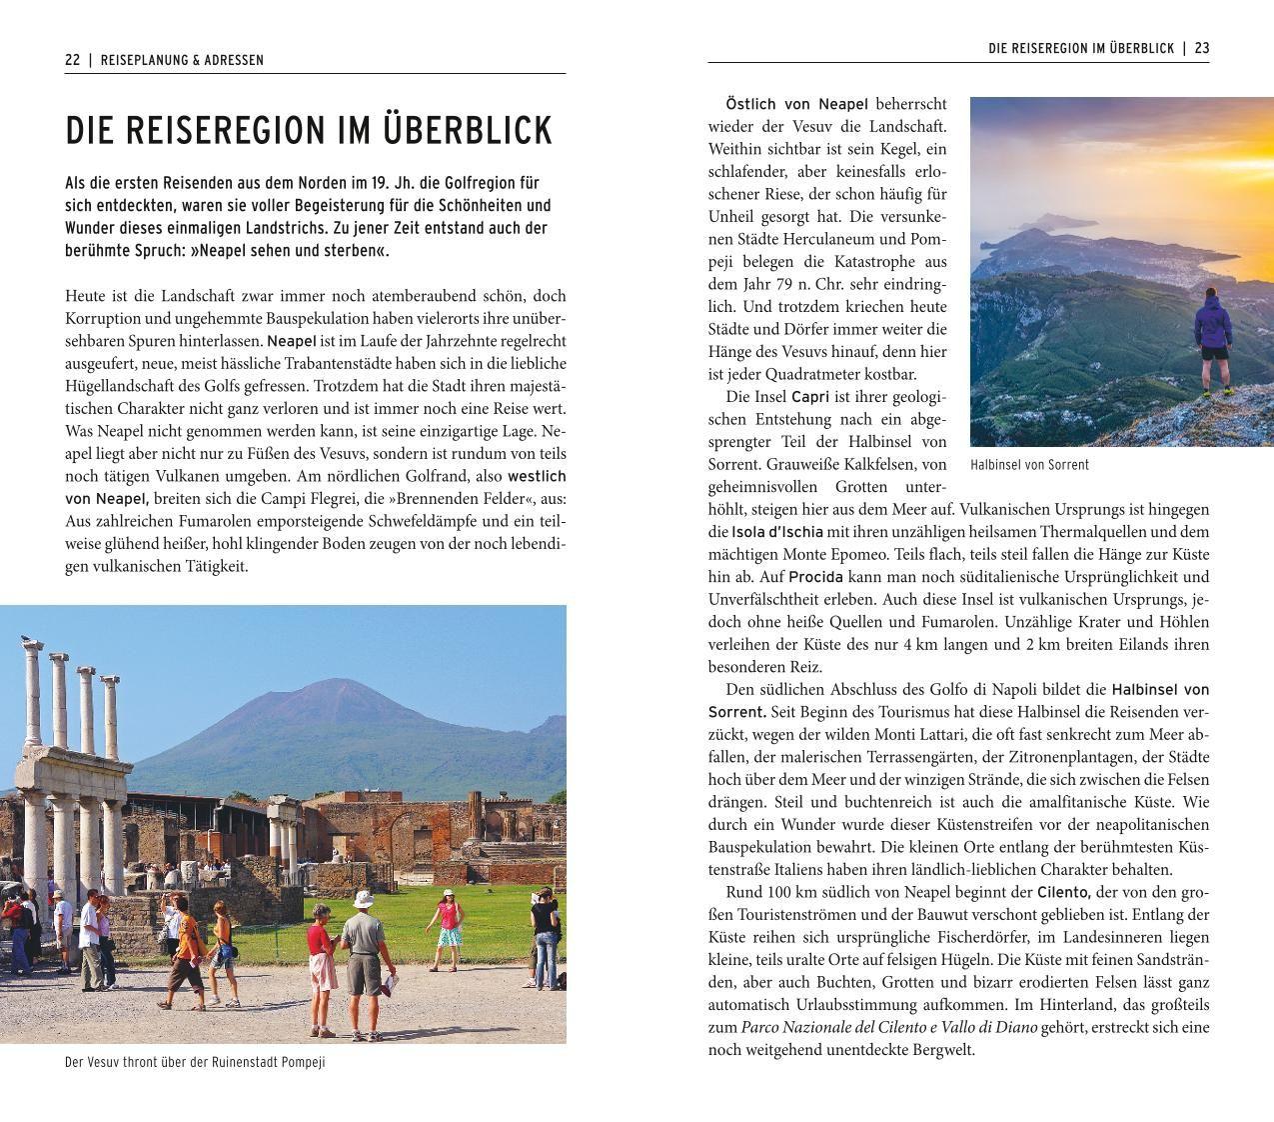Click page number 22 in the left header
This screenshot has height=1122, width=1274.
click(x=73, y=60)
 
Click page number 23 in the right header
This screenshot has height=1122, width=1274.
click(x=1201, y=48)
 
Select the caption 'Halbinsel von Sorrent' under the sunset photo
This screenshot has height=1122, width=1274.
click(x=1029, y=465)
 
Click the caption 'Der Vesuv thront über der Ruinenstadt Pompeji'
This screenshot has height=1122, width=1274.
click(x=195, y=1062)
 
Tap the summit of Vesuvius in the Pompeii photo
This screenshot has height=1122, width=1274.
click(x=320, y=683)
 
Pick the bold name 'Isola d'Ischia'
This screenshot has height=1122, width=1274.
click(x=777, y=532)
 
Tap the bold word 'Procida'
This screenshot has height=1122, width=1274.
click(x=815, y=577)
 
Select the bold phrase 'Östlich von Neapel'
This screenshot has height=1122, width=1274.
click(x=796, y=104)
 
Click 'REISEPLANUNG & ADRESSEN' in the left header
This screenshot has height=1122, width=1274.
click(x=183, y=60)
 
